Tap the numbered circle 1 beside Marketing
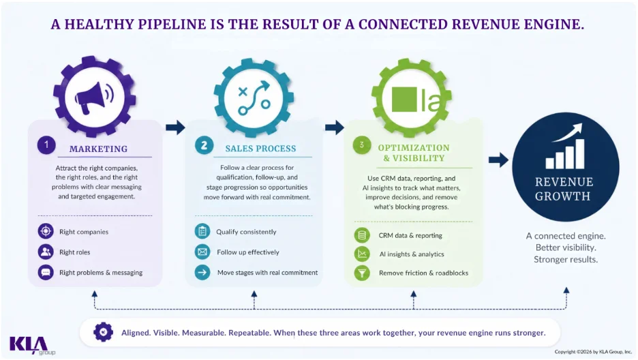(46, 145)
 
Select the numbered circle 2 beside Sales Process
(204, 145)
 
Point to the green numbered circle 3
(361, 145)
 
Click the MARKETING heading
(98, 149)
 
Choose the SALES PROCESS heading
(261, 149)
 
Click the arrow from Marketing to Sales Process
(175, 127)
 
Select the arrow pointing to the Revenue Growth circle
(498, 160)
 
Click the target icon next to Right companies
(46, 231)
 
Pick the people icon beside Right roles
(46, 252)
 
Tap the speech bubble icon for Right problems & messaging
(46, 272)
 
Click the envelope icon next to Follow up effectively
(202, 252)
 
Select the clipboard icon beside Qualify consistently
(202, 231)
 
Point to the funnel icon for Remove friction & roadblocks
(362, 273)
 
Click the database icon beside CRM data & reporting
(362, 235)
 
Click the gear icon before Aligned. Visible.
(104, 332)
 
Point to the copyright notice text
(593, 351)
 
